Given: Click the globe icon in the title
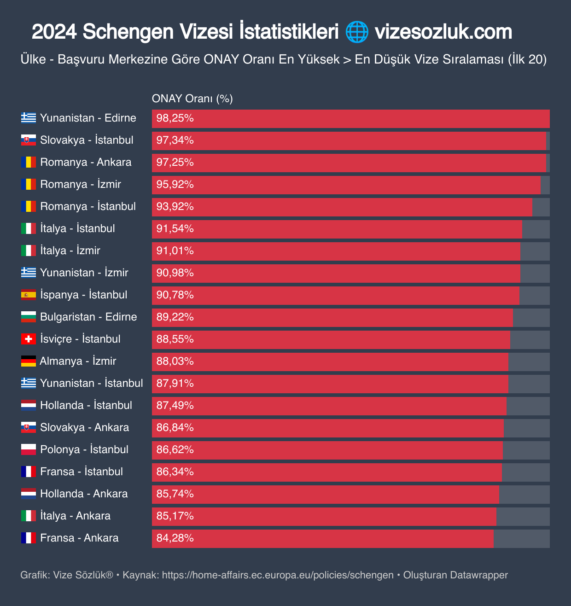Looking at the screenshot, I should tap(357, 32).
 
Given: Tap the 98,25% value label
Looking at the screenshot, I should tap(175, 118).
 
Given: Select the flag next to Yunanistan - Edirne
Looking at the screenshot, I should tap(29, 118).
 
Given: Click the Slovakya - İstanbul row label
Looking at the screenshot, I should tap(87, 140).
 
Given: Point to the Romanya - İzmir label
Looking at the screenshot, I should tap(81, 184).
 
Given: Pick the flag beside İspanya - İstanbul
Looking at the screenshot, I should tap(29, 295).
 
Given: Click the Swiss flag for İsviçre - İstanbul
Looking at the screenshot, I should tap(29, 339).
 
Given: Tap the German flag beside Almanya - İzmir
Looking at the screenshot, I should tap(29, 361).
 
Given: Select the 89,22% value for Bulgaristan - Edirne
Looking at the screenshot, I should tap(175, 317).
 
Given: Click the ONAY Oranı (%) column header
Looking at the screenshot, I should tap(192, 99).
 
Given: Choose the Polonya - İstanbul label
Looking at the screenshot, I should tap(84, 449).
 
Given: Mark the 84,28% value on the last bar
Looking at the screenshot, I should tap(175, 538).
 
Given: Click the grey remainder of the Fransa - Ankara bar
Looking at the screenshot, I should tap(521, 539).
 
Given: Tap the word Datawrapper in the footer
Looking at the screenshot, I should tap(479, 575).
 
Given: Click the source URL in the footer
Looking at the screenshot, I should tap(278, 575).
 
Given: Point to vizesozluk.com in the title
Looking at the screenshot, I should tap(443, 32).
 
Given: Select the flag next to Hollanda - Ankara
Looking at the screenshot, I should tap(29, 494).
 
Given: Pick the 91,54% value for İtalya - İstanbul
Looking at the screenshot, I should tap(175, 229).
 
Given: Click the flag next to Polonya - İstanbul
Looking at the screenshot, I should tap(29, 449).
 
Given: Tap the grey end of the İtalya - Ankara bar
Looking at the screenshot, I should tap(523, 517).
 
